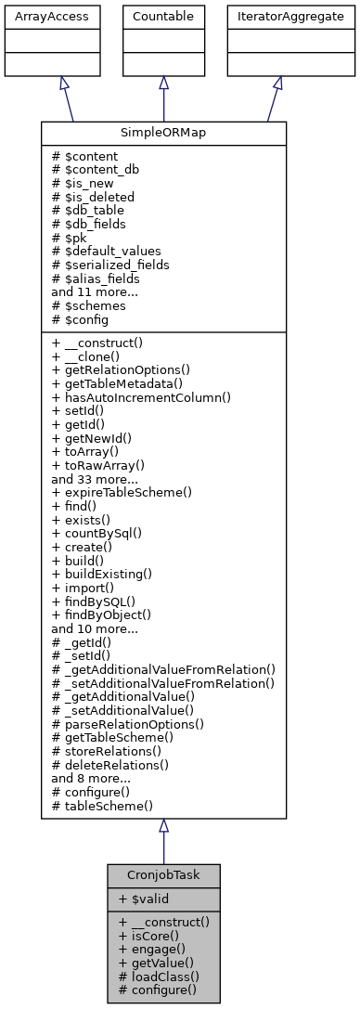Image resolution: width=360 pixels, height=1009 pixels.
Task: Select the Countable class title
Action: point(163,16)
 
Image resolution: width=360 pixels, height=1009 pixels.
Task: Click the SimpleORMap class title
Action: point(163,133)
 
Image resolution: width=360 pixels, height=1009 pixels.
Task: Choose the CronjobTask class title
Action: point(163,875)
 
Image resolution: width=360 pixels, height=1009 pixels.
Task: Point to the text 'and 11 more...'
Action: point(95,290)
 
